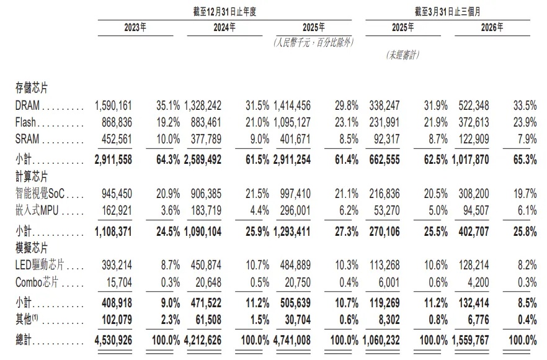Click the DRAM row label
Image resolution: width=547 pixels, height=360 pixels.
point(27,105)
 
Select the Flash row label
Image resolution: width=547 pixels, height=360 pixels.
point(25,122)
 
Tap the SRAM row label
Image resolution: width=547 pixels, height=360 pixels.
point(27,139)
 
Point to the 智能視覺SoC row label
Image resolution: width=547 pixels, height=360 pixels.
point(40,193)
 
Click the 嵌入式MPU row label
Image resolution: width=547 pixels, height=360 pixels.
point(37,210)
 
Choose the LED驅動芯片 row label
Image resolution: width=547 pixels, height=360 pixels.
point(40,264)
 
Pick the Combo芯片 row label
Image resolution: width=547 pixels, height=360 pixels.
point(37,282)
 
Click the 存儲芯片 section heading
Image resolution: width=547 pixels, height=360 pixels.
point(32,88)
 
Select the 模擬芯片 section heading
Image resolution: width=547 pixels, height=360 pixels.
point(32,248)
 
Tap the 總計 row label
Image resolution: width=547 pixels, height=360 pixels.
point(24,340)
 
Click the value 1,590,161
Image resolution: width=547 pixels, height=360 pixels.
point(113,105)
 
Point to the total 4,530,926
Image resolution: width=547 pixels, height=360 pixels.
point(113,340)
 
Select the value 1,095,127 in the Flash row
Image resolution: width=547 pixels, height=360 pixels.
point(292,122)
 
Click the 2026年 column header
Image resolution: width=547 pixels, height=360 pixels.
point(492,27)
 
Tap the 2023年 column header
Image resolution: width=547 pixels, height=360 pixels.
point(135,27)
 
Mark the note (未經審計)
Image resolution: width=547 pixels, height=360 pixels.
point(403,55)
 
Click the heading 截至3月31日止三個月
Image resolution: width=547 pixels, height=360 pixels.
point(448,12)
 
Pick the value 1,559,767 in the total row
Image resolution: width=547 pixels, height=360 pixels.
point(471,340)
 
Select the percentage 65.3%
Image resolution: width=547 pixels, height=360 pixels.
point(525,160)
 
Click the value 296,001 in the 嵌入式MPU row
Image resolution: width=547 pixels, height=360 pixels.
point(295,210)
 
